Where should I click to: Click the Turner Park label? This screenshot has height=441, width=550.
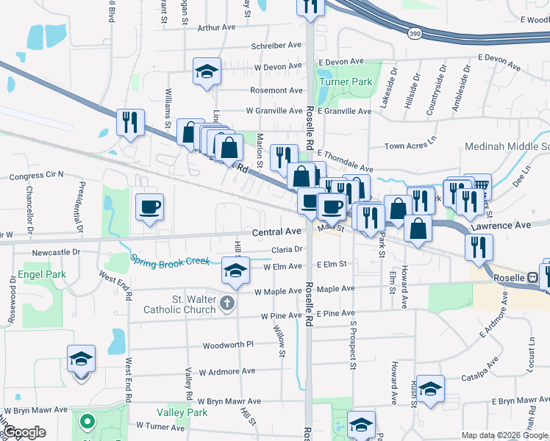(346, 82)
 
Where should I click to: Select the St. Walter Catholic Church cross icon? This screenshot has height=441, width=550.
(228, 302)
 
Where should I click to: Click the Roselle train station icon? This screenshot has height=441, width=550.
(532, 279)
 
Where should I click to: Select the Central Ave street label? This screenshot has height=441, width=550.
(276, 232)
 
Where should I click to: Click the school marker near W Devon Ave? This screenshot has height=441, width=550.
(207, 71)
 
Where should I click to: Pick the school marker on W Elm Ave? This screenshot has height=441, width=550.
(235, 273)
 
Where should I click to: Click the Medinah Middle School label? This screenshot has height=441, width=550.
(507, 147)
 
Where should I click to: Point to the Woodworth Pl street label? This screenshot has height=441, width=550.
(229, 344)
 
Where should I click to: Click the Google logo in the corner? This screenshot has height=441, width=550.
(25, 432)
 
